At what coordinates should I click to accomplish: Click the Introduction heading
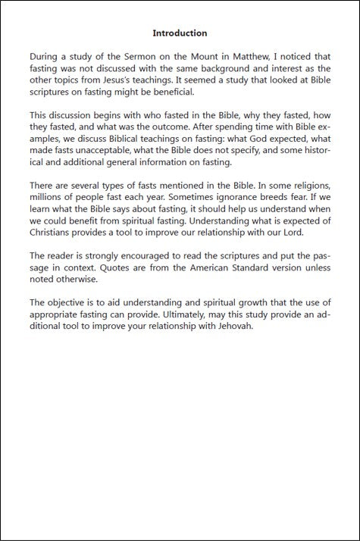click(180, 33)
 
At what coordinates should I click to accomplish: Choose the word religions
click(308, 186)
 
